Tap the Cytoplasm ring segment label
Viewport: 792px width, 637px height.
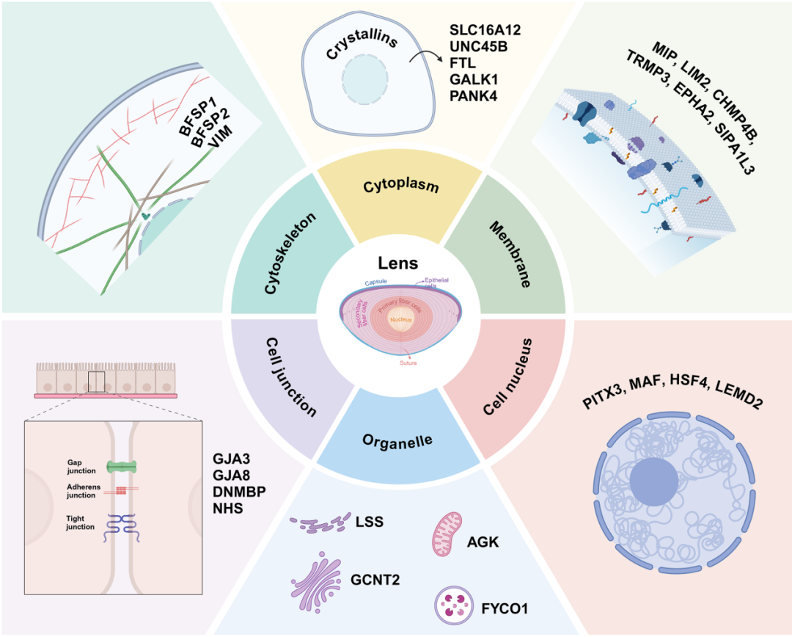point(401,186)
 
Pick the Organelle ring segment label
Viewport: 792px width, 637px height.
point(397,442)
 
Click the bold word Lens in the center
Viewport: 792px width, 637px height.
point(397,263)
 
